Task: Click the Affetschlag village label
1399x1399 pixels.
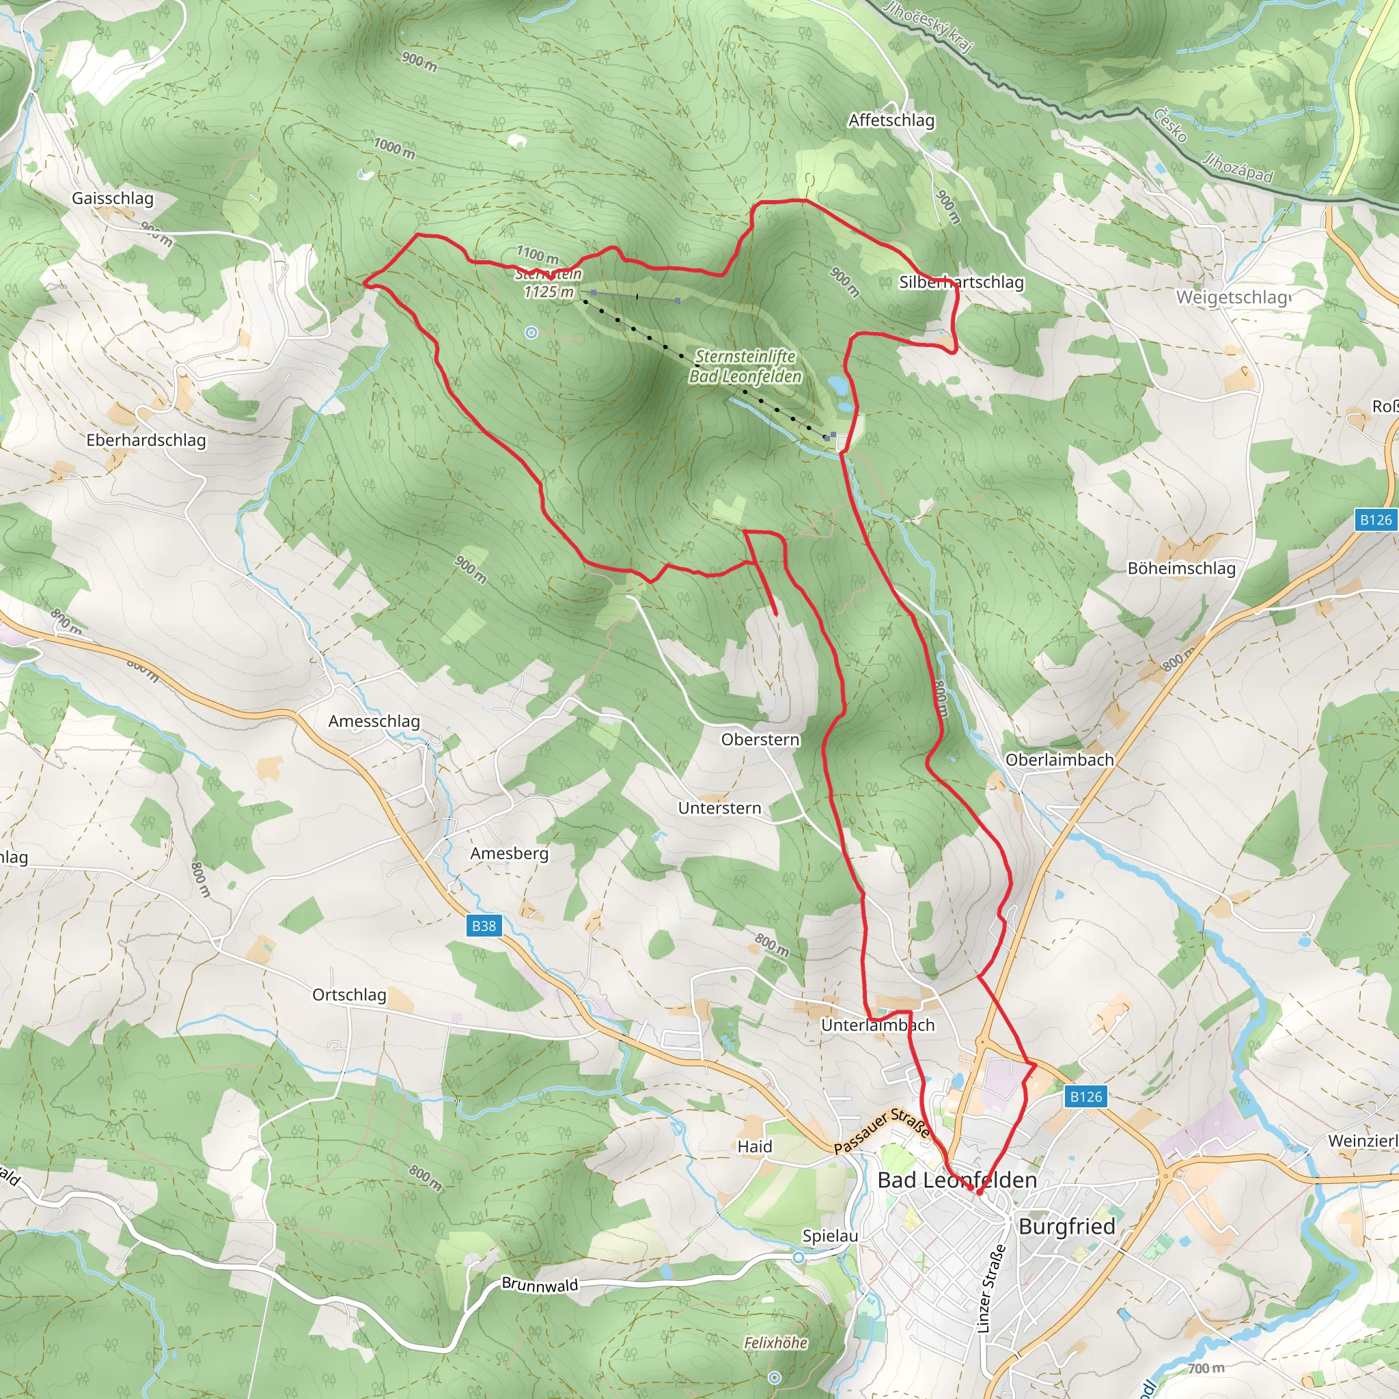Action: (891, 120)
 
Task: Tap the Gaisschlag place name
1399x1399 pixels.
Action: (112, 198)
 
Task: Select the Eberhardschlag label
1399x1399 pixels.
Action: (146, 441)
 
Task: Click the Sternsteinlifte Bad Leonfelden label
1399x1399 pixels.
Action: (745, 366)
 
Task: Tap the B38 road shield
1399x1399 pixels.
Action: (484, 926)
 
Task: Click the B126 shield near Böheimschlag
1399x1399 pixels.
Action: (1375, 519)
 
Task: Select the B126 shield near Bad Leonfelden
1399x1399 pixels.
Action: (1085, 1096)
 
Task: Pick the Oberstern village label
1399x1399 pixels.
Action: (760, 739)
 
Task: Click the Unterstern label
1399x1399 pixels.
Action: (719, 808)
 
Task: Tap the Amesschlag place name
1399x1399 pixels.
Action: (374, 721)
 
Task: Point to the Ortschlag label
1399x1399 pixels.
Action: (349, 995)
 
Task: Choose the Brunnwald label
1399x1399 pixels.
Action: (540, 1285)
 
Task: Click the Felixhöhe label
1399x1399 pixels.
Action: (775, 1342)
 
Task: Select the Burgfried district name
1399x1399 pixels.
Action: (1066, 1226)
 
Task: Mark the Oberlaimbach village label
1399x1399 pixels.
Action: (1059, 760)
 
